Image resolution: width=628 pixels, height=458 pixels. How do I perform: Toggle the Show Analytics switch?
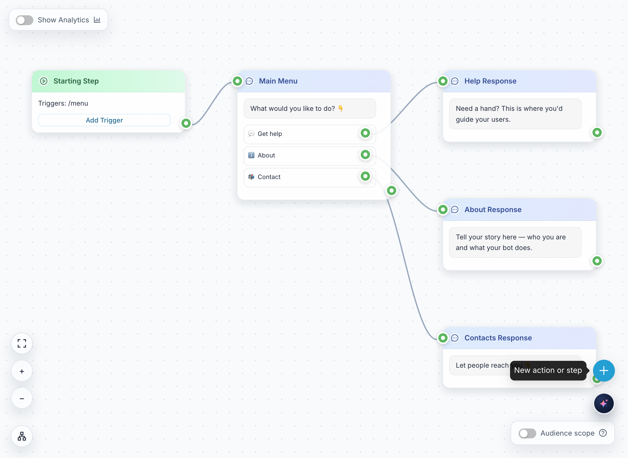tap(24, 20)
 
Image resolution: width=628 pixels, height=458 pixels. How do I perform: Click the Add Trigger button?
tap(104, 120)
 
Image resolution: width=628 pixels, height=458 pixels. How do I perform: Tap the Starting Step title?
tap(76, 81)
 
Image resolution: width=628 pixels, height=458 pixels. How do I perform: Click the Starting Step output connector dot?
tap(186, 123)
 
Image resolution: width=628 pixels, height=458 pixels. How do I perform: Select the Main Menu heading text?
tap(278, 81)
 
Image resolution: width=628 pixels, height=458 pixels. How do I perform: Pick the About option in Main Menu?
tap(310, 156)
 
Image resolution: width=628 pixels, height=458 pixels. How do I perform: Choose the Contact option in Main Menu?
tap(310, 177)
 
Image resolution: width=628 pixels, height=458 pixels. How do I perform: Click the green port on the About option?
tap(365, 154)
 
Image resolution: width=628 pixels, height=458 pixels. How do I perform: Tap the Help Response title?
tap(490, 81)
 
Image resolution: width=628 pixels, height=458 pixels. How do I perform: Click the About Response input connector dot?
tap(443, 209)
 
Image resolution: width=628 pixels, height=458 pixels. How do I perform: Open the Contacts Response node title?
tap(498, 338)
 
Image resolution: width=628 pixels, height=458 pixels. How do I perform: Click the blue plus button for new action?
tap(604, 370)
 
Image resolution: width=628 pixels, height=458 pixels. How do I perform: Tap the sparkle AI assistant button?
tap(604, 403)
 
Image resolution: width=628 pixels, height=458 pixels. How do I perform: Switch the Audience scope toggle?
tap(527, 433)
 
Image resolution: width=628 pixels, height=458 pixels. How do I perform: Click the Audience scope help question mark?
tap(603, 433)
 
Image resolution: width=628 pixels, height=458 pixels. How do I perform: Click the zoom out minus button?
tap(22, 398)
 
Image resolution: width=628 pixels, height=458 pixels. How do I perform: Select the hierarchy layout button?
tap(22, 436)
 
